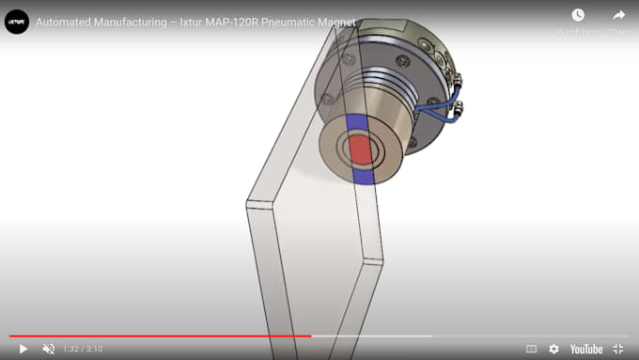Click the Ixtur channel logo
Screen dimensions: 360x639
17,21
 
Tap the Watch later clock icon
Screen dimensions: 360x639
577,15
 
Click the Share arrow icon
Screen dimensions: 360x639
618,15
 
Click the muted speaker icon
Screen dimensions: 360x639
49,349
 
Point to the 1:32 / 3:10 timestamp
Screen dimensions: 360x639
83,349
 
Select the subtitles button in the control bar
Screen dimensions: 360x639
531,349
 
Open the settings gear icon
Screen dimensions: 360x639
553,349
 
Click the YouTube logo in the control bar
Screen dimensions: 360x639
586,349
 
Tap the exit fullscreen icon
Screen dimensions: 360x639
618,349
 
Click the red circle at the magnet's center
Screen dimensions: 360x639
360,149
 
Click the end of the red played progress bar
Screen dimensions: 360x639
310,335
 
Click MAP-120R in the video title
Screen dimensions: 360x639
231,22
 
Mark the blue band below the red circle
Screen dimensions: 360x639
363,174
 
